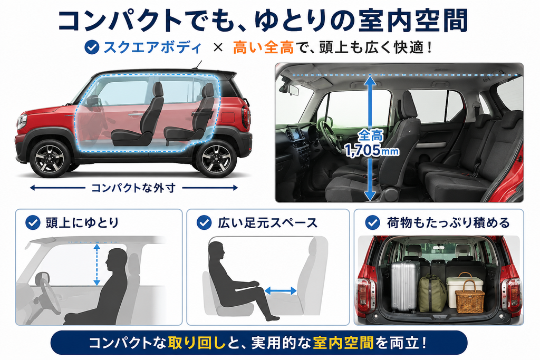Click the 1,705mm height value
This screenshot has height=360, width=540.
(x=372, y=150)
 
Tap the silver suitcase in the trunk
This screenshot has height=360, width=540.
(x=406, y=286)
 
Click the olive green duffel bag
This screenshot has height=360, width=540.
(x=432, y=293)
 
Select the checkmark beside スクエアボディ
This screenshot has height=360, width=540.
(x=92, y=47)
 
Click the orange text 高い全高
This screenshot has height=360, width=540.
(x=263, y=47)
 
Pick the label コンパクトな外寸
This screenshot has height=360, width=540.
(x=133, y=188)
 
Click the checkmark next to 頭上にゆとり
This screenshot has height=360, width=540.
(x=33, y=222)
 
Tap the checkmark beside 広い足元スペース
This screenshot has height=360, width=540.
(x=204, y=222)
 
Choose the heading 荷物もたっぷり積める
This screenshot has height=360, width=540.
(x=448, y=222)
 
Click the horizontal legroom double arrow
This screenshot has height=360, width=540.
(x=281, y=291)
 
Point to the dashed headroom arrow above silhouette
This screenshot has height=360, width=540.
(x=97, y=264)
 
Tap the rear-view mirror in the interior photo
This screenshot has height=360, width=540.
(x=294, y=90)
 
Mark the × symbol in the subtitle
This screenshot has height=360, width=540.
(x=218, y=47)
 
